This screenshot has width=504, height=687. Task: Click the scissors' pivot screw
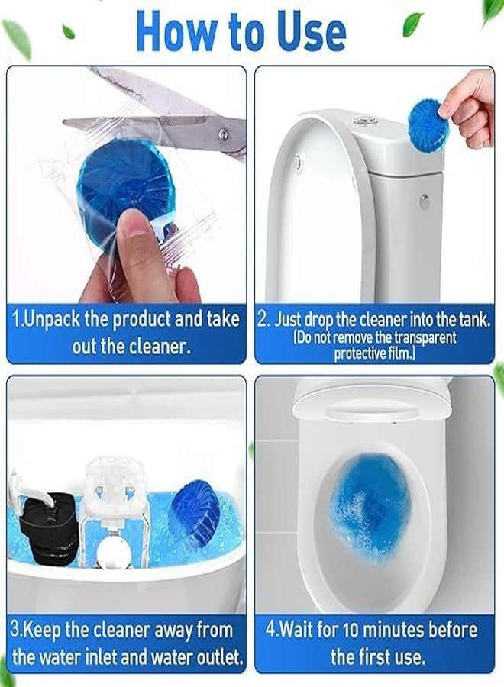pyautogui.click(x=222, y=134)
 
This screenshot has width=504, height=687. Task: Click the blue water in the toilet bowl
pyautogui.click(x=370, y=504)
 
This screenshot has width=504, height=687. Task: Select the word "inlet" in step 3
pyautogui.click(x=128, y=656)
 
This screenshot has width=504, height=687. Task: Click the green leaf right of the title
pyautogui.click(x=413, y=24)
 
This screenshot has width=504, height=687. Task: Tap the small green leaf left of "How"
pyautogui.click(x=69, y=31)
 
